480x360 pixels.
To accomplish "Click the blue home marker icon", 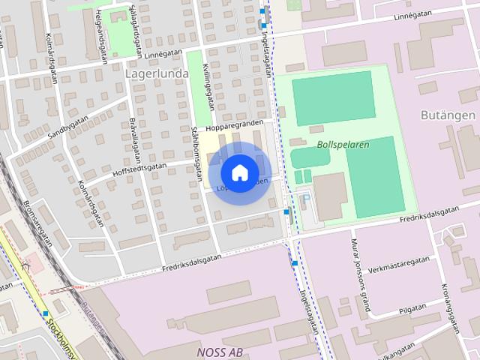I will pyautogui.click(x=239, y=172).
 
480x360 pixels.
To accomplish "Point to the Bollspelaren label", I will pyautogui.click(x=343, y=145).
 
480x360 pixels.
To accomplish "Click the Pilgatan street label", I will pyautogui.click(x=412, y=308).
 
